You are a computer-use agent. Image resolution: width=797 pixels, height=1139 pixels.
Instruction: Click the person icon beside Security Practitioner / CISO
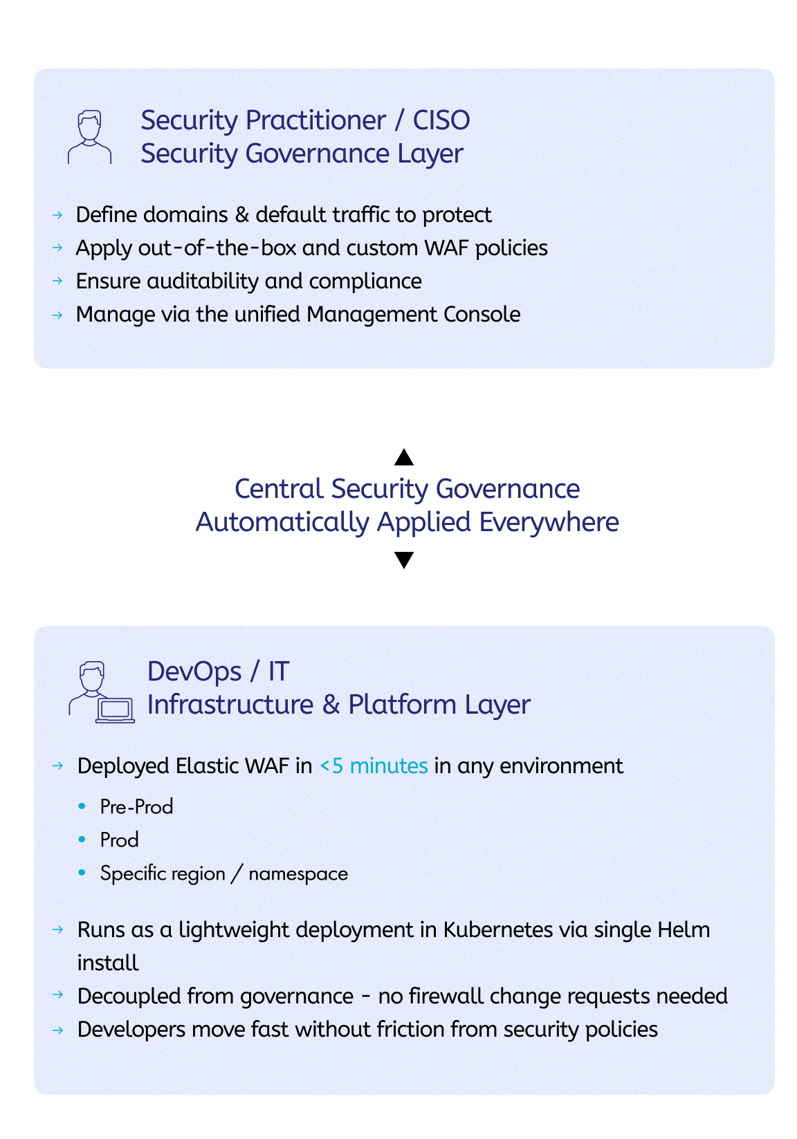coord(89,137)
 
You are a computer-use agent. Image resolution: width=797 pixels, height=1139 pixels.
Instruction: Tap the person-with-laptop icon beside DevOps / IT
coord(101,692)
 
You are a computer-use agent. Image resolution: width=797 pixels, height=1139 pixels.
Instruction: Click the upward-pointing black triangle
coord(404,457)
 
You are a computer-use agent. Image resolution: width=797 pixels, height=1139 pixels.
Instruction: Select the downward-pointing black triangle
coord(404,559)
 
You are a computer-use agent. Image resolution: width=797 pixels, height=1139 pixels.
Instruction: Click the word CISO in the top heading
coord(441,120)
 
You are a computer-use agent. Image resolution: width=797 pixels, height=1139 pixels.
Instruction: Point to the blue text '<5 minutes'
coord(374,766)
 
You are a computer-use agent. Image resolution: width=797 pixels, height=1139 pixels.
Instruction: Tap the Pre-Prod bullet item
coord(136,807)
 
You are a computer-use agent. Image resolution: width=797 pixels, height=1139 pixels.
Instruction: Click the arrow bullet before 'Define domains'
coord(57,215)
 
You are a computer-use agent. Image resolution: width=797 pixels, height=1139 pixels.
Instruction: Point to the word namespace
coord(298,874)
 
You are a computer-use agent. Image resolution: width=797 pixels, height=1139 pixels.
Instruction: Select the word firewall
coord(448,996)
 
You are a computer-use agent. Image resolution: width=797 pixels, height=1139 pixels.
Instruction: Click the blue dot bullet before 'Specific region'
coord(82,873)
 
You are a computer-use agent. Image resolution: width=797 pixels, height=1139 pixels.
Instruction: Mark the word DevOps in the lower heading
coord(194,672)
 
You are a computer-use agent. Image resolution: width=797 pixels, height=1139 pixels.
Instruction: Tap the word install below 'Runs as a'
coord(108,963)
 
